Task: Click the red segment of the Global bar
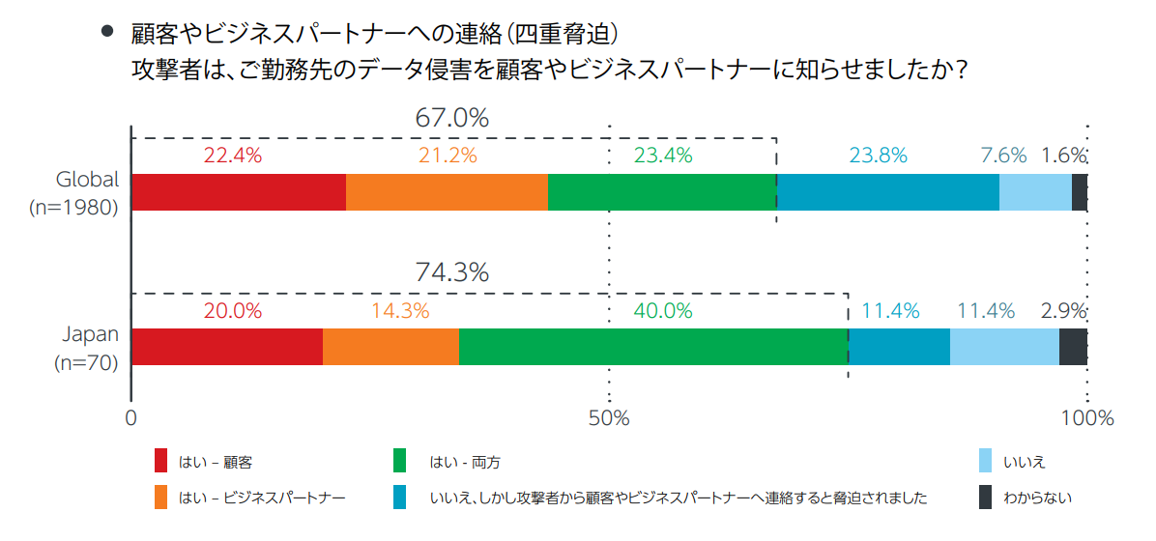pos(239,192)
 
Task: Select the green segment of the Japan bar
pos(653,347)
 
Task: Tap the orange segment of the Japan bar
pos(390,347)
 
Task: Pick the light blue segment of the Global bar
pos(1035,192)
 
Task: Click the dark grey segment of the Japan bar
pos(1073,347)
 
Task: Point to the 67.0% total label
pos(451,119)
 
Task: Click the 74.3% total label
pos(451,273)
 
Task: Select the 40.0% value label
pos(662,311)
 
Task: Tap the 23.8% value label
pos(878,156)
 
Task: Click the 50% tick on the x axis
pos(609,418)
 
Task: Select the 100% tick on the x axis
pos(1087,418)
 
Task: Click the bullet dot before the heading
pos(107,32)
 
